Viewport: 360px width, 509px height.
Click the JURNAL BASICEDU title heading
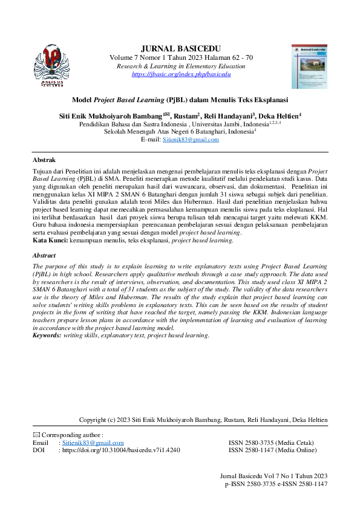(x=180, y=48)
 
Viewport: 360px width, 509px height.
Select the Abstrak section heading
(x=44, y=160)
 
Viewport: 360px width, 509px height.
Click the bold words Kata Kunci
(x=50, y=241)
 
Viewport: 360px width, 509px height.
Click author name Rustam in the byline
(x=188, y=115)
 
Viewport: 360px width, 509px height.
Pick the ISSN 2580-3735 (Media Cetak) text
(x=270, y=443)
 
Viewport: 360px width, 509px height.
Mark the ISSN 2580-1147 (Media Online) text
(x=272, y=450)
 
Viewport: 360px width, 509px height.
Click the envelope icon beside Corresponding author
(x=35, y=435)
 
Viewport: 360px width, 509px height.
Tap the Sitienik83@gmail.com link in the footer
(x=91, y=443)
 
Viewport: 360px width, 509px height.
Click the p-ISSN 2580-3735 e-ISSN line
(x=276, y=484)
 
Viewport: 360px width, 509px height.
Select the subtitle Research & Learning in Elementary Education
(x=181, y=66)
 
